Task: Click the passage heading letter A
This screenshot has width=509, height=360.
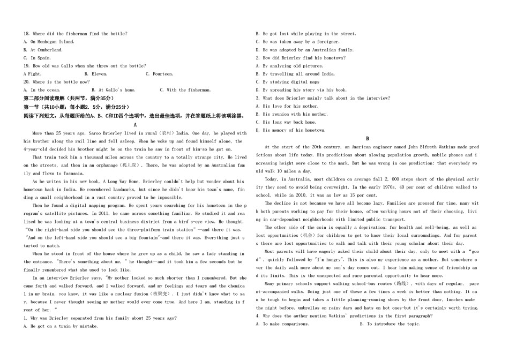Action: tap(135, 124)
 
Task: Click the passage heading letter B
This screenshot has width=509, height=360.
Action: tap(368, 138)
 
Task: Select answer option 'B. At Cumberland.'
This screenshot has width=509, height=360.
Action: tap(43, 50)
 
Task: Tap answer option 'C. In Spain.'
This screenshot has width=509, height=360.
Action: tap(38, 58)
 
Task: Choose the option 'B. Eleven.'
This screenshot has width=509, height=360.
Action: tap(96, 74)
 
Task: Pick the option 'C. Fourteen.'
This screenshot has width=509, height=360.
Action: tap(159, 74)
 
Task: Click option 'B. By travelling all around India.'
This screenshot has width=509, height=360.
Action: tap(295, 74)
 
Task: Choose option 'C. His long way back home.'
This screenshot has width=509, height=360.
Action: tap(286, 122)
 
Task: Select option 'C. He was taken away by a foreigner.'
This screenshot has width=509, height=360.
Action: tap(298, 42)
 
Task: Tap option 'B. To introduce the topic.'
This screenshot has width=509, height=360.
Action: tap(390, 324)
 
